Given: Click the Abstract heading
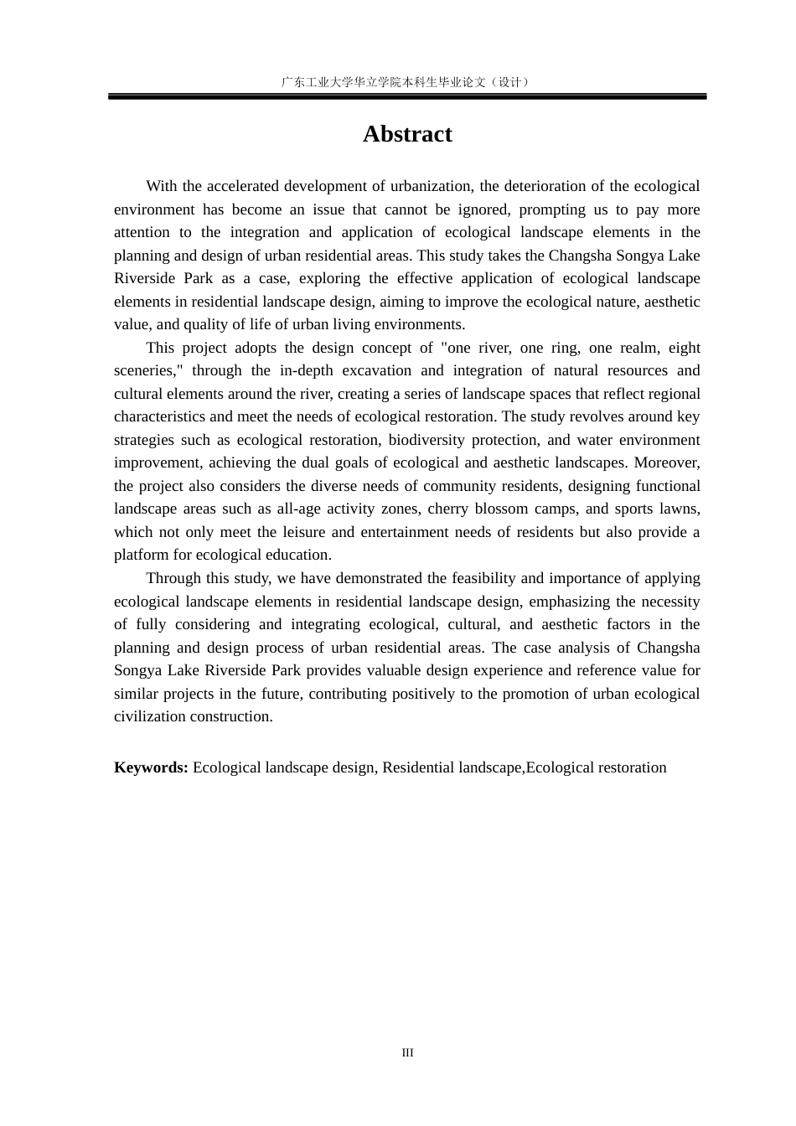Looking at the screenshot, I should [x=407, y=135].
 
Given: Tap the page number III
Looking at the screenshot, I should [x=407, y=1053].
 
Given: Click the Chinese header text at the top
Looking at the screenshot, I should [x=406, y=82].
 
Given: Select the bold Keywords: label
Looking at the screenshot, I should [x=151, y=768].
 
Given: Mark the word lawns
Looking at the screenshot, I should [x=680, y=509].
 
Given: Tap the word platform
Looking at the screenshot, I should [x=141, y=555].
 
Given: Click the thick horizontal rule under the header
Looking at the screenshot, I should [x=407, y=97].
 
